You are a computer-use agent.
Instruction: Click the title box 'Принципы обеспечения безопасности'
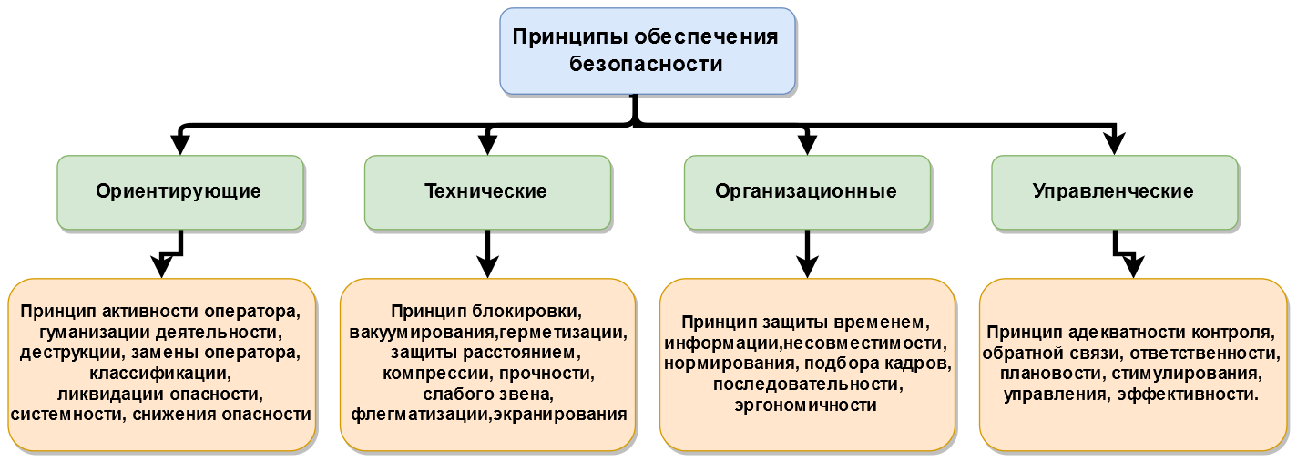pos(647,51)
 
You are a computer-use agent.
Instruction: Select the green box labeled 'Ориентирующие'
pos(179,191)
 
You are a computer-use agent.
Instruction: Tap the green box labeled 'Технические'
pos(486,191)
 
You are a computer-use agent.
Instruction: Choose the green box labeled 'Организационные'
pos(806,191)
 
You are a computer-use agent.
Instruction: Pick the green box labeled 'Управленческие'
pos(1113,191)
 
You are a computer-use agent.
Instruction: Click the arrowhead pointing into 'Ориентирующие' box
pos(179,144)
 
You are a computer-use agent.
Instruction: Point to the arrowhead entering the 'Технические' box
pos(487,144)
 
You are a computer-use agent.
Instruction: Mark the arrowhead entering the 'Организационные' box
pos(806,144)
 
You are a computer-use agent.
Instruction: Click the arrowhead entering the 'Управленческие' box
pos(1113,144)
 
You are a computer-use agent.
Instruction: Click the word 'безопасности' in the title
pos(646,64)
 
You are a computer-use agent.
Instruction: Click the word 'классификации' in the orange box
pos(160,373)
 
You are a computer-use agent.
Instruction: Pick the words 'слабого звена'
pos(487,394)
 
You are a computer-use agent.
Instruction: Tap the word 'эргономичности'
pos(806,406)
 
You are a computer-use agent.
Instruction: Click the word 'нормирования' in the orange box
pos(730,364)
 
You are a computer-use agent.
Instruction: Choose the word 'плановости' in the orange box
pos(1040,374)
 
